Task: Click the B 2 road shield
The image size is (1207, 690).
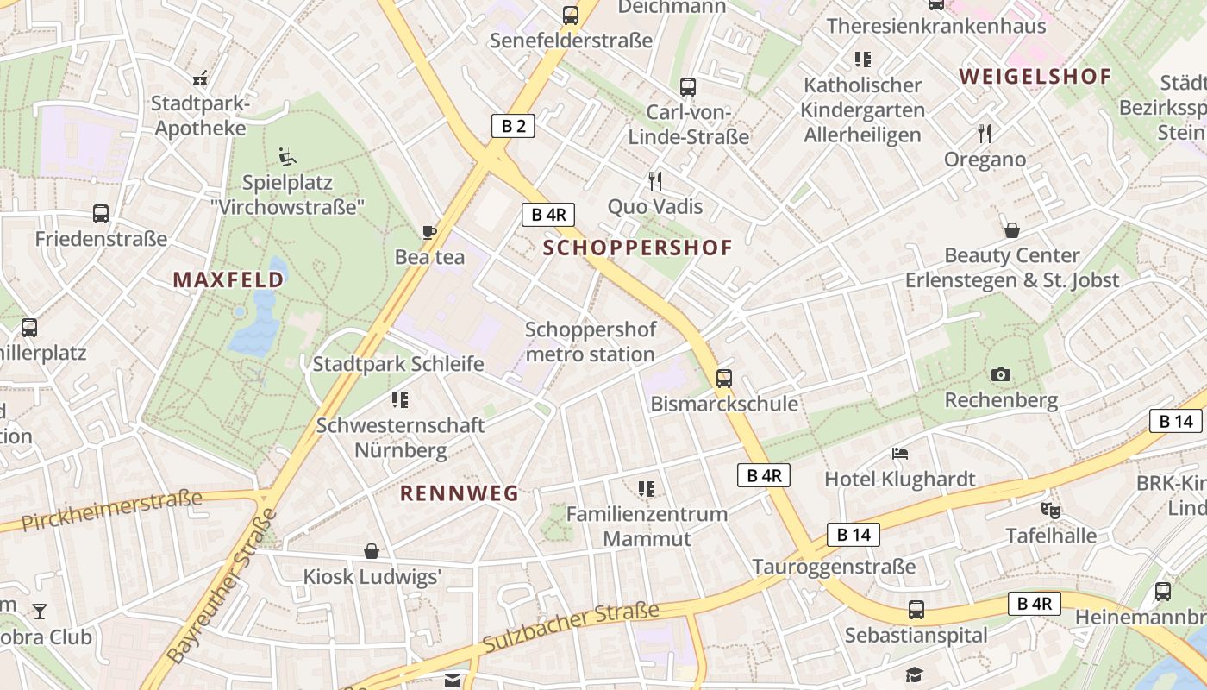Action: click(513, 126)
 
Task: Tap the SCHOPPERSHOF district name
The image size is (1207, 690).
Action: click(638, 248)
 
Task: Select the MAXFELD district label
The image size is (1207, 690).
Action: click(228, 279)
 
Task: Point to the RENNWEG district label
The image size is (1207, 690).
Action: click(460, 493)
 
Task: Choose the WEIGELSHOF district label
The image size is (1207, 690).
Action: click(1035, 77)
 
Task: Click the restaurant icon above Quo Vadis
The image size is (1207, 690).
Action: click(655, 180)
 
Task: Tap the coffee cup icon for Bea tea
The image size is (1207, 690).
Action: click(428, 231)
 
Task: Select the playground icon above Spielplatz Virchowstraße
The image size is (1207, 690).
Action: click(287, 157)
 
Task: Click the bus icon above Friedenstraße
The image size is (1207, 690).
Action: click(101, 213)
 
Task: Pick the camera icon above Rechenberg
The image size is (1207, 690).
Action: click(1000, 374)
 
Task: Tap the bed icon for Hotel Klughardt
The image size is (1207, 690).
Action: click(900, 453)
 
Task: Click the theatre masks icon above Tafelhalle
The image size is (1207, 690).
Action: click(1050, 510)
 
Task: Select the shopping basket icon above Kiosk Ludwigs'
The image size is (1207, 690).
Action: click(372, 550)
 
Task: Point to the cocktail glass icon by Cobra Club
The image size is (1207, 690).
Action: click(40, 612)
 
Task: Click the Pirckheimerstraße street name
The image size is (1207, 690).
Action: click(112, 510)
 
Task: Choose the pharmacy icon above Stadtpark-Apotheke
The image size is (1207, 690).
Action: click(200, 78)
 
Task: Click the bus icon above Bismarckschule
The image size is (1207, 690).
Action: click(724, 378)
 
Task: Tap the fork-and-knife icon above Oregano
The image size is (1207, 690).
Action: click(985, 133)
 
